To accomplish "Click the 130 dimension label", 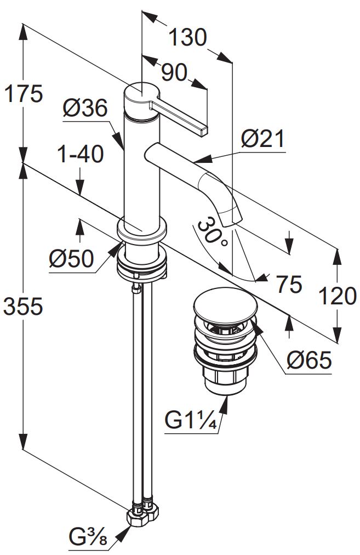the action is pos(187,37).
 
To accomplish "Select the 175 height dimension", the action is pos(24,93).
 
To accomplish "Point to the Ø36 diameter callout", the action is pos(85,108).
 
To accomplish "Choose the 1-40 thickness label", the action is pos(81,154).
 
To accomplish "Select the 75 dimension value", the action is pos(289,284).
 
